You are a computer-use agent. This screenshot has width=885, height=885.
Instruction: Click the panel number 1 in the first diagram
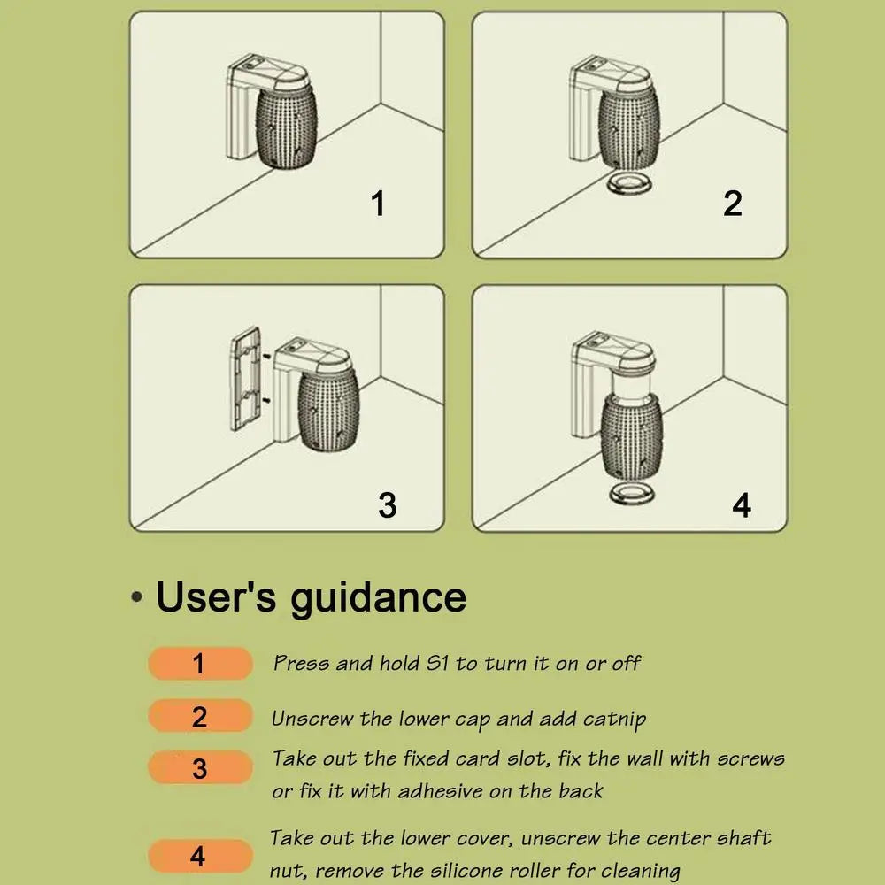(379, 204)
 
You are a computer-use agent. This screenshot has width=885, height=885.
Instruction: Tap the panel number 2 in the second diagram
(733, 204)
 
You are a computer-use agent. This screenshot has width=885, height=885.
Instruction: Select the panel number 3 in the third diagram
(388, 504)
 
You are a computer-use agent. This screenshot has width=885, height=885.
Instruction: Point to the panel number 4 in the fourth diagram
(742, 505)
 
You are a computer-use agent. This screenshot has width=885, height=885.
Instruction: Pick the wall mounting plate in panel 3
(245, 379)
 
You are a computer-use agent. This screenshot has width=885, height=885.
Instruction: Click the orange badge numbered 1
(200, 663)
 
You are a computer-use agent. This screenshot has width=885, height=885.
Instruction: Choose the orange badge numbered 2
(200, 716)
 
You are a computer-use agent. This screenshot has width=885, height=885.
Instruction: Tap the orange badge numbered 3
(200, 767)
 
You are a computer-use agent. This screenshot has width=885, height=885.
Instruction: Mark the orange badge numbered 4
(200, 856)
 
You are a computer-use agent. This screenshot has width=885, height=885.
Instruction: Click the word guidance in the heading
(378, 599)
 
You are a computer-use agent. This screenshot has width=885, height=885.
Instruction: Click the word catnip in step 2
(614, 720)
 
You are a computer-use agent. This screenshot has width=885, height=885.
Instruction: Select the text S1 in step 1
(437, 663)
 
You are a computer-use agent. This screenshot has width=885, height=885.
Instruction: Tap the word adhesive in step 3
(439, 790)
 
